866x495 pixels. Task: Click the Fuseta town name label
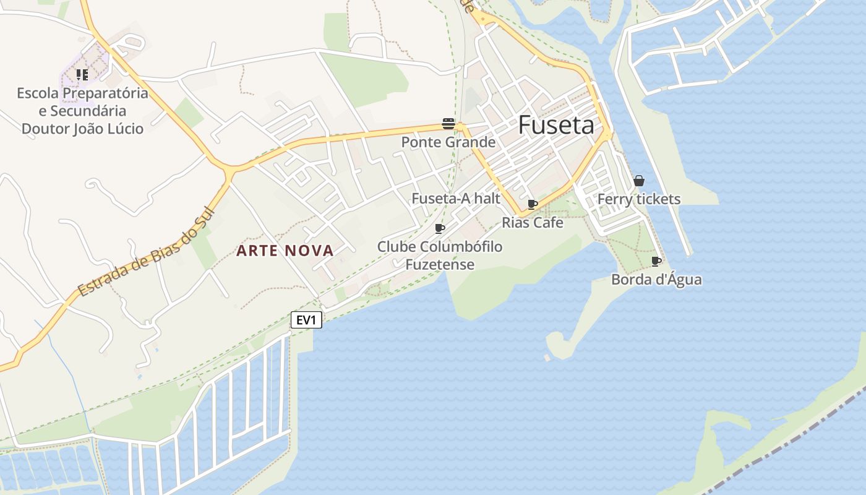555,125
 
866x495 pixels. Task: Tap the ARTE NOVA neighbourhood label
285,251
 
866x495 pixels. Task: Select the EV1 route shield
306,320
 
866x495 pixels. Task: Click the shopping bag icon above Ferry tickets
639,181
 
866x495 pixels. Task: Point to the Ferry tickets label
638,199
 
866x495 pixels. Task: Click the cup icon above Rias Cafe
532,204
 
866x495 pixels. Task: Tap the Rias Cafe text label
532,222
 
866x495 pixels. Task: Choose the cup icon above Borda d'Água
656,261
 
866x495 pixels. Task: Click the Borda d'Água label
656,280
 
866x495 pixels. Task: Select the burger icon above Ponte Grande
448,123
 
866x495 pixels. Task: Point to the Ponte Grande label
448,142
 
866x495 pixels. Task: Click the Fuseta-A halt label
456,199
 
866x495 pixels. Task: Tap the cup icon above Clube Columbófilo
440,229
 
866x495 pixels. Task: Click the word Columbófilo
461,247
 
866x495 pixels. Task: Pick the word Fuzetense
440,265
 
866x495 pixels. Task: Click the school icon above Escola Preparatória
82,75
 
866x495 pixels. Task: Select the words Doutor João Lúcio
82,129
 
